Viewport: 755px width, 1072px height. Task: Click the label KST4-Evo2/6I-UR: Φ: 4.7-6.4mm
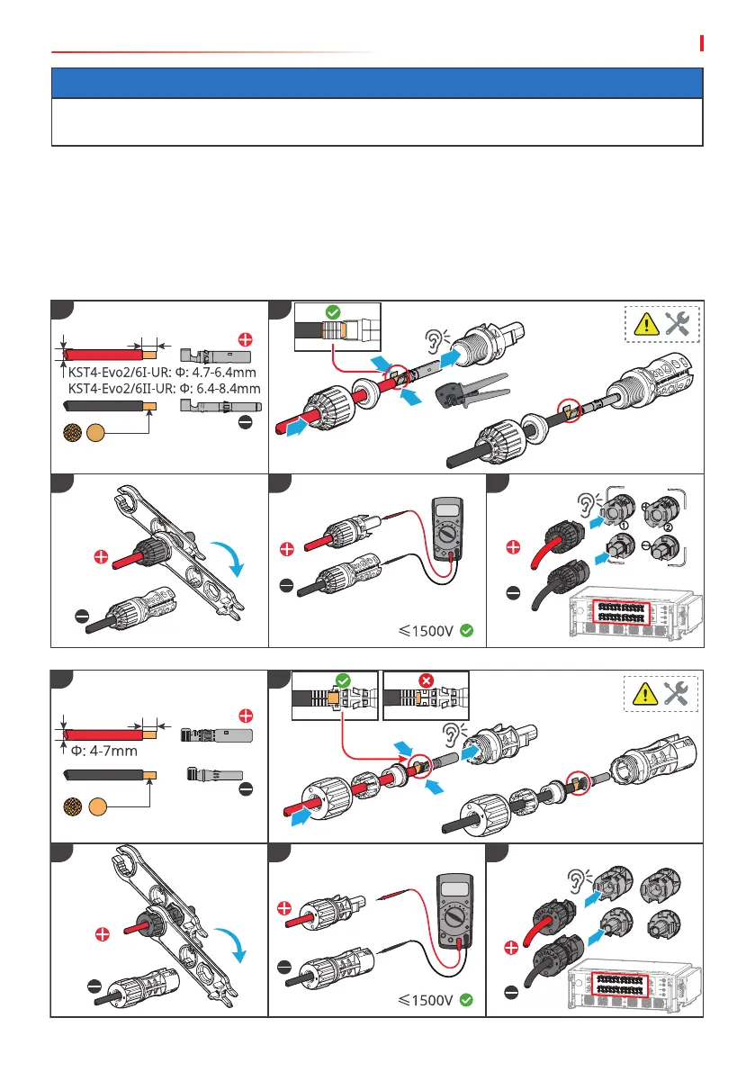162,373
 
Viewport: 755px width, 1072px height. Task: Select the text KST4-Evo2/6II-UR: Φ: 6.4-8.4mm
164,388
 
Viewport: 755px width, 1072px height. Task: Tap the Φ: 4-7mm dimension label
103,751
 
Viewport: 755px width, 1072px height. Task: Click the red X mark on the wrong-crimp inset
426,681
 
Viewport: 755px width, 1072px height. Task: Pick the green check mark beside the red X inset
343,681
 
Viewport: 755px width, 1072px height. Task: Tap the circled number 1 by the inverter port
624,526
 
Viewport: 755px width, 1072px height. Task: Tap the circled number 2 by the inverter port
668,527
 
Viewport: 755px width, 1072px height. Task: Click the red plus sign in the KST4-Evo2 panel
246,340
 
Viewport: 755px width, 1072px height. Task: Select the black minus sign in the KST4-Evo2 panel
246,422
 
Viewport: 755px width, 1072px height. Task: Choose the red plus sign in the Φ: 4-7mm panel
246,716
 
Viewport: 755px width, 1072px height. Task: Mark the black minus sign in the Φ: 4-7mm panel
246,789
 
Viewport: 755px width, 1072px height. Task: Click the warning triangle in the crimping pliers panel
646,325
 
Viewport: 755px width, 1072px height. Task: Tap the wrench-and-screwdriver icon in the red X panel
676,693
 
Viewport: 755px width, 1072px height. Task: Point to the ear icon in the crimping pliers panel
436,340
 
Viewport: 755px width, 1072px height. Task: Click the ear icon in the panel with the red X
454,734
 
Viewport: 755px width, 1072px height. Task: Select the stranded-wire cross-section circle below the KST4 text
72,432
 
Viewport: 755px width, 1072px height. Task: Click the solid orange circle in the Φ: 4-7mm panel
98,806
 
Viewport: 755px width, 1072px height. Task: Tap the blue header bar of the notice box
377,83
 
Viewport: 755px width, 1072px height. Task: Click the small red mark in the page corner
702,43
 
